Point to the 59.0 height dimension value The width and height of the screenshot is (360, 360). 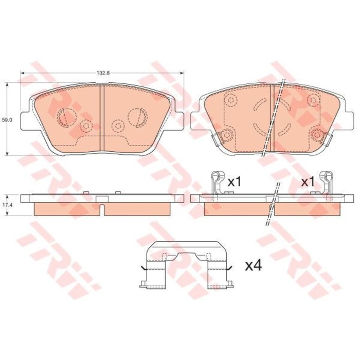pyautogui.click(x=7, y=119)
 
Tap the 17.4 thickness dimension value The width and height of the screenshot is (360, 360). pyautogui.click(x=6, y=196)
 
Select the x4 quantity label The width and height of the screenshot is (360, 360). pyautogui.click(x=253, y=266)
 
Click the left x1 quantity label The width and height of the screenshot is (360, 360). pyautogui.click(x=235, y=182)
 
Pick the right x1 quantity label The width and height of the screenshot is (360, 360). pyautogui.click(x=308, y=182)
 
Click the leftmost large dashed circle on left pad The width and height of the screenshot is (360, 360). pyautogui.click(x=66, y=117)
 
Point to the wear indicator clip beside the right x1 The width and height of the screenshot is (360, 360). pyautogui.click(x=326, y=183)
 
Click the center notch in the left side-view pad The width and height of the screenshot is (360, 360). pyautogui.click(x=103, y=209)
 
